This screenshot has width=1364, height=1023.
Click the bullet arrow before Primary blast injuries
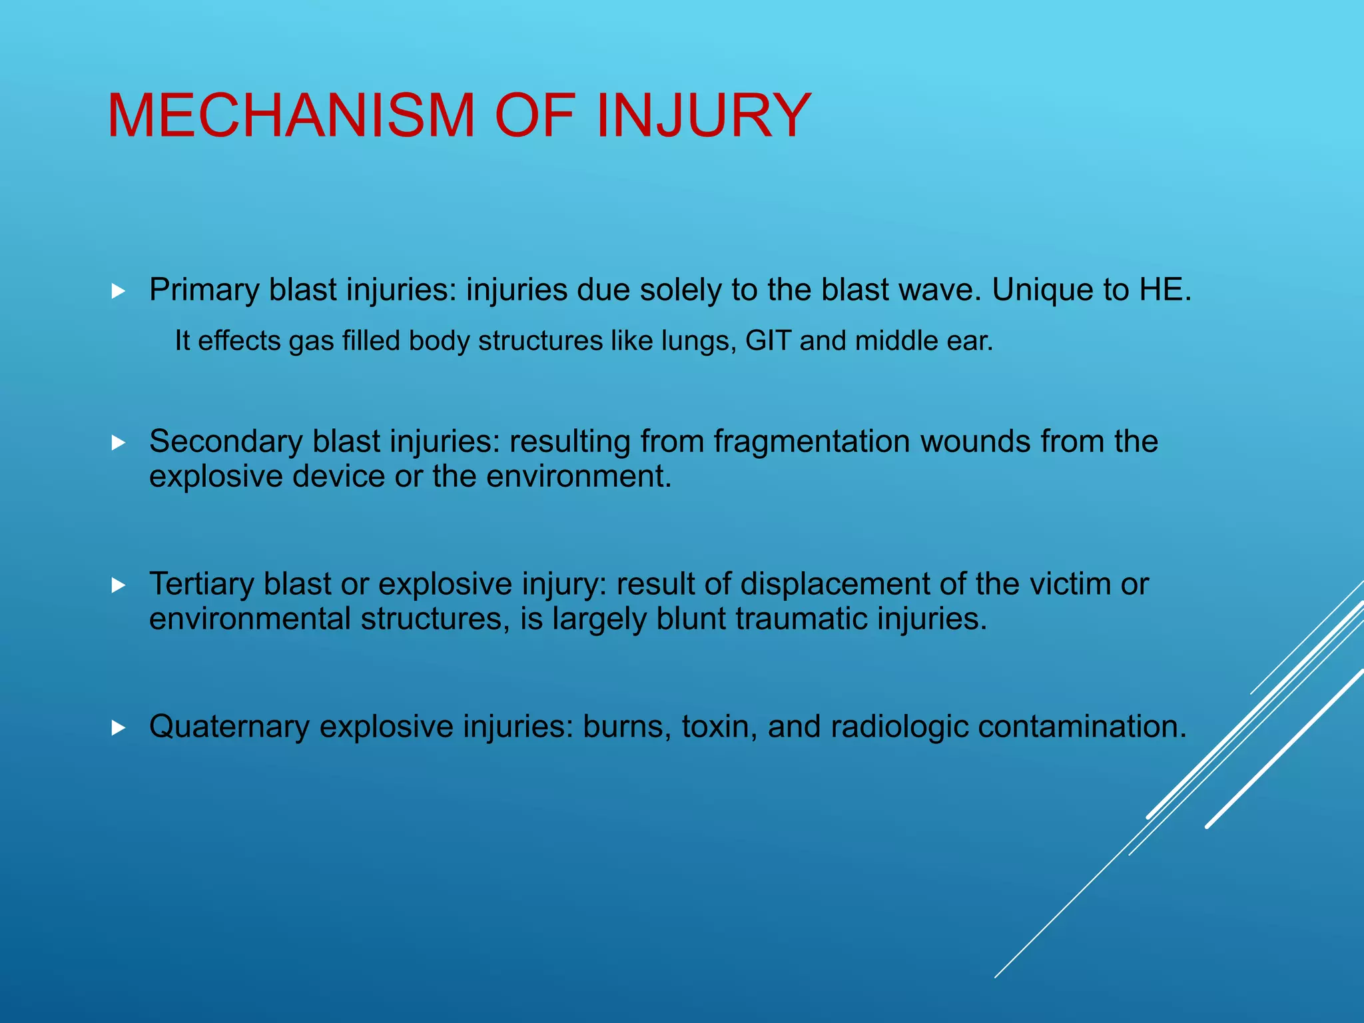[119, 291]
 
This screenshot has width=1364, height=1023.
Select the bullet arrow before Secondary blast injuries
[119, 442]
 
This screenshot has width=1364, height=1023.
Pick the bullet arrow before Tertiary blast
[119, 585]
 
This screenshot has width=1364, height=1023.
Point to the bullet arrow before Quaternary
[119, 727]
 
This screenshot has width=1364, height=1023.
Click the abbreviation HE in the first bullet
[1164, 290]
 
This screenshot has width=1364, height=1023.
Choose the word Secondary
[226, 442]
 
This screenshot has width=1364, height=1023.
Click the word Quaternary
[228, 727]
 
